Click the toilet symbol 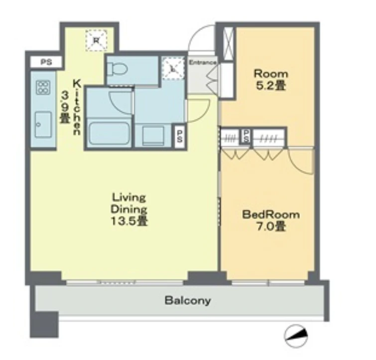[x=117, y=69]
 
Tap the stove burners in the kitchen [x=43, y=87]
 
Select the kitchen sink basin [x=43, y=124]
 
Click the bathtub [x=109, y=134]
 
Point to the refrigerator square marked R [x=97, y=40]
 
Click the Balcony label [x=188, y=301]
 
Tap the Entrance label [x=203, y=63]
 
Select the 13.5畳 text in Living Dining [x=129, y=221]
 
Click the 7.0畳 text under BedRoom [x=271, y=227]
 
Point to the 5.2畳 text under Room [x=271, y=85]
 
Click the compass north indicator [x=296, y=336]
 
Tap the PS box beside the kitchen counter [x=46, y=62]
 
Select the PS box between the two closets [x=247, y=137]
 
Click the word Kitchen [x=77, y=108]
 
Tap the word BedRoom [x=271, y=214]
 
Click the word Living [x=129, y=198]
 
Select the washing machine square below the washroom [x=153, y=136]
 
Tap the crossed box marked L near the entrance [x=173, y=69]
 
